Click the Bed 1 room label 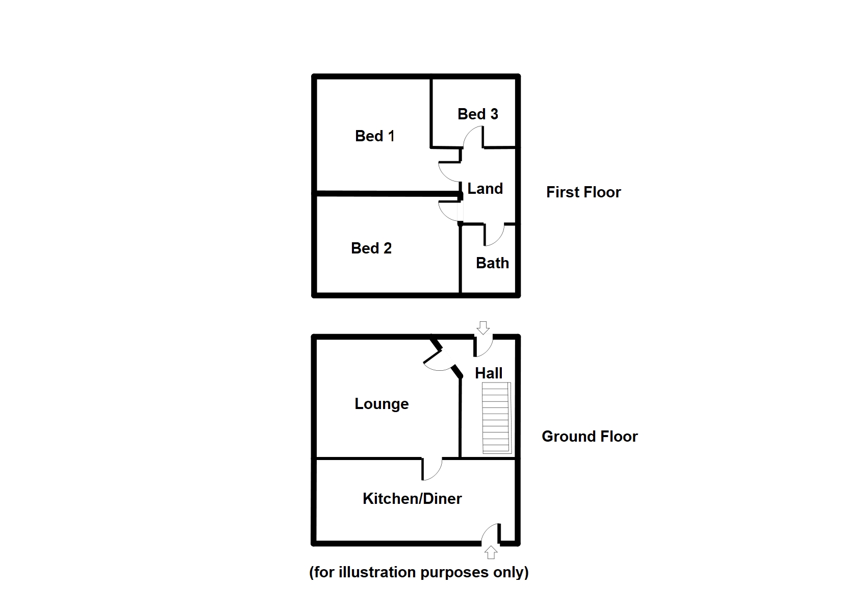375,136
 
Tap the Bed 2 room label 371,248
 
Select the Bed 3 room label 477,114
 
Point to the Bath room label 492,263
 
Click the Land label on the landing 485,189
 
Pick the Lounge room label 381,404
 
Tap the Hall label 489,373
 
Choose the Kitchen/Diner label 412,498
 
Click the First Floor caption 583,192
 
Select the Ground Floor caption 590,437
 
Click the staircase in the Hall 496,418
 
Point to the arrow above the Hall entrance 483,327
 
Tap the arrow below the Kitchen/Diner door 491,552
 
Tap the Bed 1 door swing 450,171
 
